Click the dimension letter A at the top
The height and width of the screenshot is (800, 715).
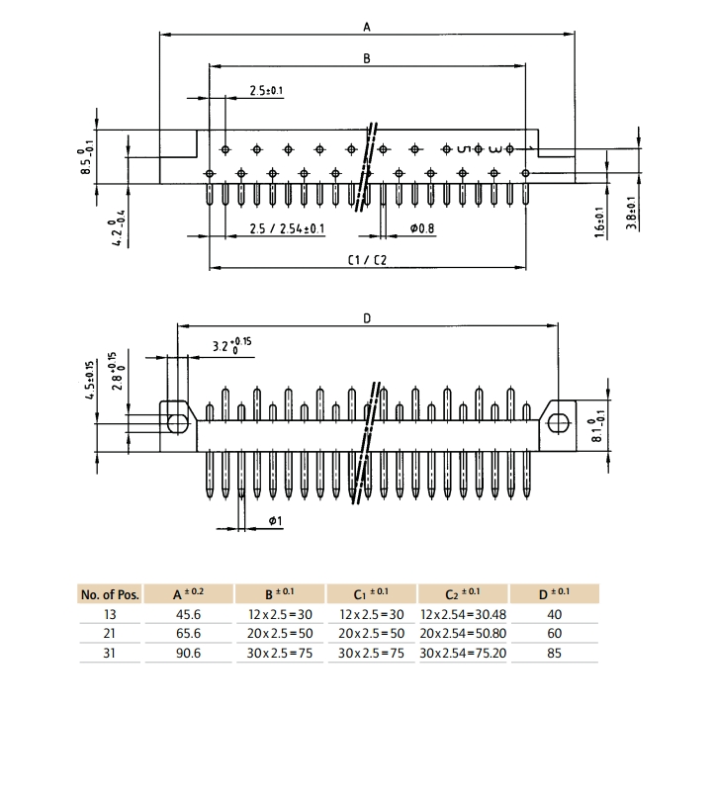[367, 27]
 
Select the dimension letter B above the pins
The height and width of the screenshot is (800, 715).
[367, 58]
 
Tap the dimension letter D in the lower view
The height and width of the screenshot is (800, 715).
[367, 318]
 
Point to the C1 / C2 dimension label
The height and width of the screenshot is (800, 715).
[368, 260]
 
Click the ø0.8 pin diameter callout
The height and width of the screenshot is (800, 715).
[422, 228]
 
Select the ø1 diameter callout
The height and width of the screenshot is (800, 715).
[275, 520]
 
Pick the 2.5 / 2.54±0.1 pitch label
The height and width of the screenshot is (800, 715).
[287, 228]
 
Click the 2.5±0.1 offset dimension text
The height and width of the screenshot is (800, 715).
[266, 90]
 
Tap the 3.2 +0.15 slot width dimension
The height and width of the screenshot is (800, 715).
[231, 345]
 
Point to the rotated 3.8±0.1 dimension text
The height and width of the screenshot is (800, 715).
[632, 214]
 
